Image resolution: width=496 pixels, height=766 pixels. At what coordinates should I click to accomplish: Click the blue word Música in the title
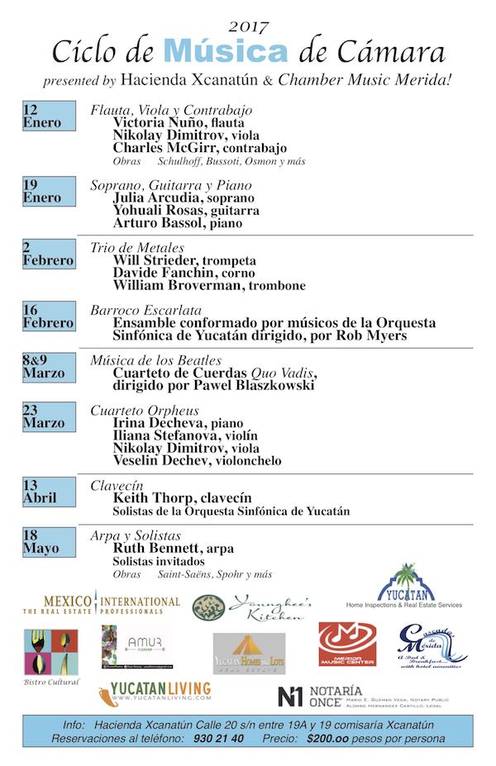tap(226, 51)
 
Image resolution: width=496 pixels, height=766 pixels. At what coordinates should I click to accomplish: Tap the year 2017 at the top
tap(248, 28)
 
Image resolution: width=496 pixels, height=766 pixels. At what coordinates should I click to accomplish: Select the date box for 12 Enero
tap(49, 117)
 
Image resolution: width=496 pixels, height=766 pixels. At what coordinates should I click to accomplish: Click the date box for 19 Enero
tap(49, 191)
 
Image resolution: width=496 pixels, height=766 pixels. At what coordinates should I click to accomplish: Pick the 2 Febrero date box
tap(49, 254)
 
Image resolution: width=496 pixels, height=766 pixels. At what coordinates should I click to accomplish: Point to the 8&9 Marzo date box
tap(49, 366)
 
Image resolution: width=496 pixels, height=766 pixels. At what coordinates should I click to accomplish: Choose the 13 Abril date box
tap(49, 492)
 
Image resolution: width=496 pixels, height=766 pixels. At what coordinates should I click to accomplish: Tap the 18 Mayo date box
tap(49, 542)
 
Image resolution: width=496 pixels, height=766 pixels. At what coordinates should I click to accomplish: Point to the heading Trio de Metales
tap(137, 248)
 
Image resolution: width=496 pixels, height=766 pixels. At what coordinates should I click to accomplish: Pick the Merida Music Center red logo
tap(347, 643)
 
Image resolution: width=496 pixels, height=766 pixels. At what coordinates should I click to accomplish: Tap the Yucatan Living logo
tap(155, 692)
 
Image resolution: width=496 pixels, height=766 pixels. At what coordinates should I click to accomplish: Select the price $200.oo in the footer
tap(330, 738)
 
